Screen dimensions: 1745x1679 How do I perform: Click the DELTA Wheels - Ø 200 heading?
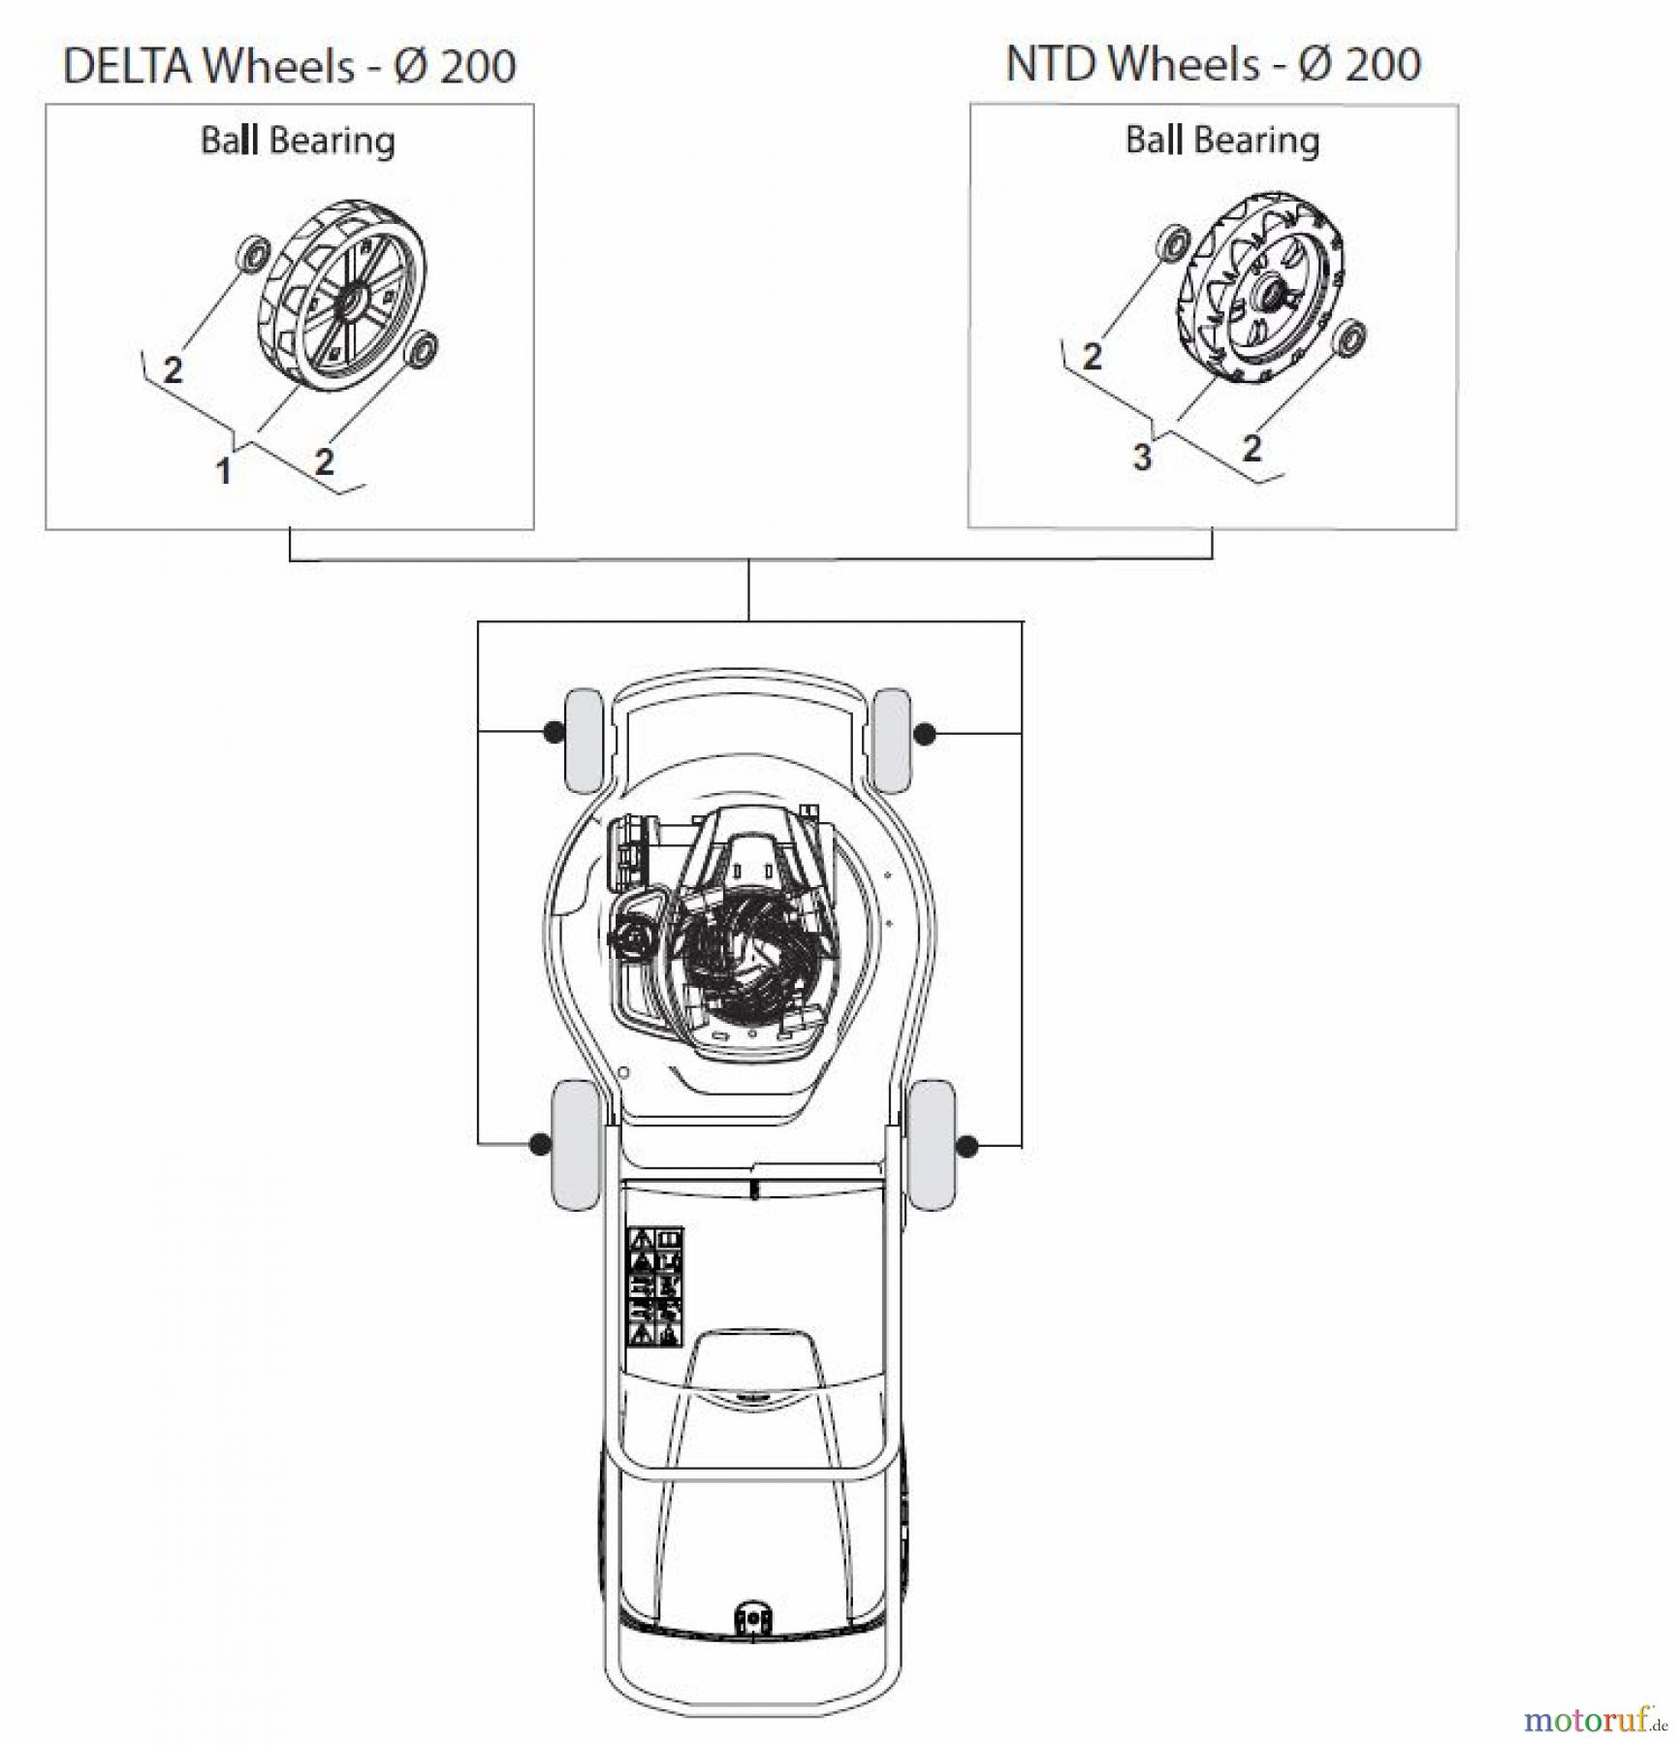[x=289, y=66]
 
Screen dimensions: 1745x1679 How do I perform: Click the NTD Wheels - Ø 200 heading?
[x=1213, y=64]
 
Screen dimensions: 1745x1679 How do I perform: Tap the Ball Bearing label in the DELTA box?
[x=298, y=141]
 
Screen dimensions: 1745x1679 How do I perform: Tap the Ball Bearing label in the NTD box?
[x=1221, y=140]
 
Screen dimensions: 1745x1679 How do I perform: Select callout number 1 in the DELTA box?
[x=223, y=471]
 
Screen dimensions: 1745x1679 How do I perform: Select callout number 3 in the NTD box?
[x=1142, y=456]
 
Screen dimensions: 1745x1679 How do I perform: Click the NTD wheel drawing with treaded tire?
[x=1260, y=290]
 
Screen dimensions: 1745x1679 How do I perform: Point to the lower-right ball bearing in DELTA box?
[x=422, y=348]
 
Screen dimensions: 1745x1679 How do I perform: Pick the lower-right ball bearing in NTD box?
[x=1348, y=337]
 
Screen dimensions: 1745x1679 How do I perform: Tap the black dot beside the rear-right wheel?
[x=966, y=1146]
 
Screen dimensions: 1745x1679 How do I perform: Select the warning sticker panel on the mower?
[x=656, y=1286]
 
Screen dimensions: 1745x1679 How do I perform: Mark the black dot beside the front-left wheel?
[x=553, y=732]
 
